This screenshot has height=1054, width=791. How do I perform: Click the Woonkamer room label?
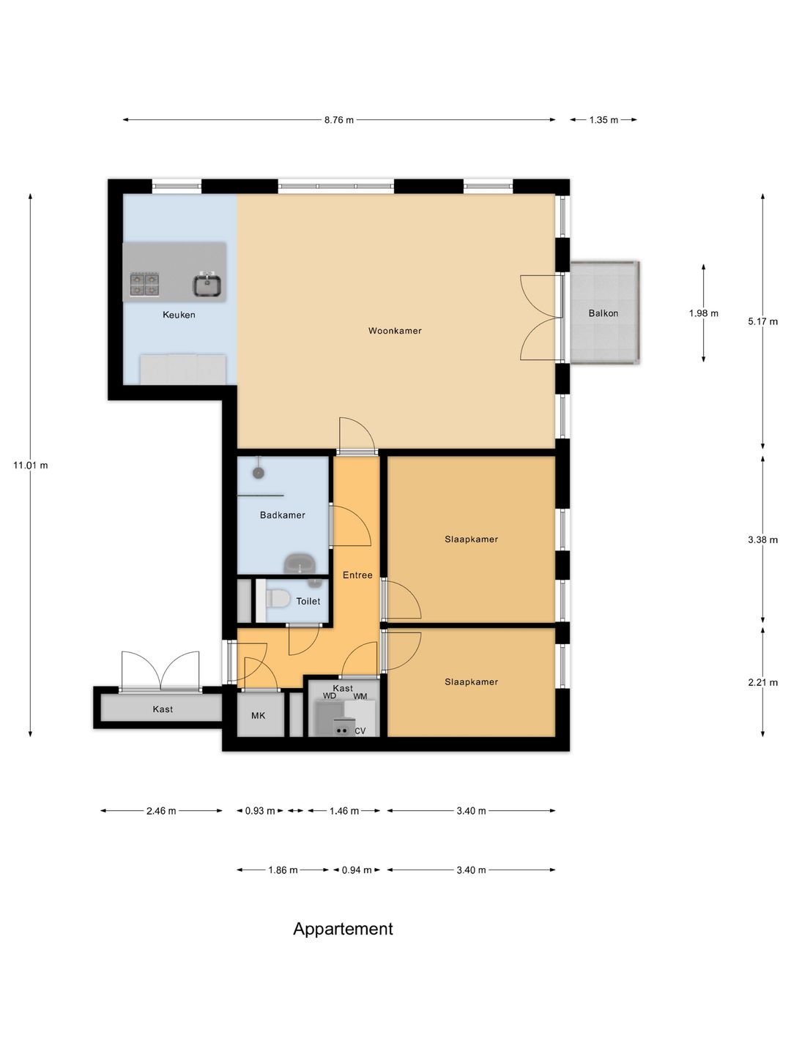tap(395, 330)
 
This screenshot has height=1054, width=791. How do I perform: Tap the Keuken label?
tap(179, 315)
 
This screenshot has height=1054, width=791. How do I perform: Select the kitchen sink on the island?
tap(207, 284)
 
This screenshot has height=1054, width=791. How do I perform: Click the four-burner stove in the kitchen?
tap(144, 284)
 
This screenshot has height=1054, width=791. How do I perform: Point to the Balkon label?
tap(604, 313)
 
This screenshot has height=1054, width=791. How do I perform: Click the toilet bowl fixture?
tap(278, 599)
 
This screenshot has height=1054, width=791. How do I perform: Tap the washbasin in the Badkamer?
tap(300, 564)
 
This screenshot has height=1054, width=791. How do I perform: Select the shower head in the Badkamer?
tap(259, 473)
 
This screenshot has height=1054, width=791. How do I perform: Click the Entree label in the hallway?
tap(357, 575)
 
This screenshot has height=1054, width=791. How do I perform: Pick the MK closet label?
tap(259, 715)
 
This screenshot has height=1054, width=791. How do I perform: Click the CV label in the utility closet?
tap(360, 730)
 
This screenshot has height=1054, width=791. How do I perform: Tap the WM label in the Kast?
tap(360, 696)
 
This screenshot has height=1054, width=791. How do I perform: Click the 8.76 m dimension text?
tap(339, 120)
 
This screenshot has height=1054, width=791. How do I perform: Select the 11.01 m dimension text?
tap(30, 466)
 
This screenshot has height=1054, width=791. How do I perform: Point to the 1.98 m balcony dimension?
tap(704, 313)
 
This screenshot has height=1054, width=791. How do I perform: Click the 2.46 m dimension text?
tap(161, 811)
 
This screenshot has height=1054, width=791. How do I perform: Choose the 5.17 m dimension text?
tap(762, 322)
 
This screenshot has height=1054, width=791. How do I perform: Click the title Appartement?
tap(343, 929)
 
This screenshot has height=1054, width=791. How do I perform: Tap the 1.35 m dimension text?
tap(604, 120)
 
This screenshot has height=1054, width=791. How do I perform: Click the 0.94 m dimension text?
tap(357, 870)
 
